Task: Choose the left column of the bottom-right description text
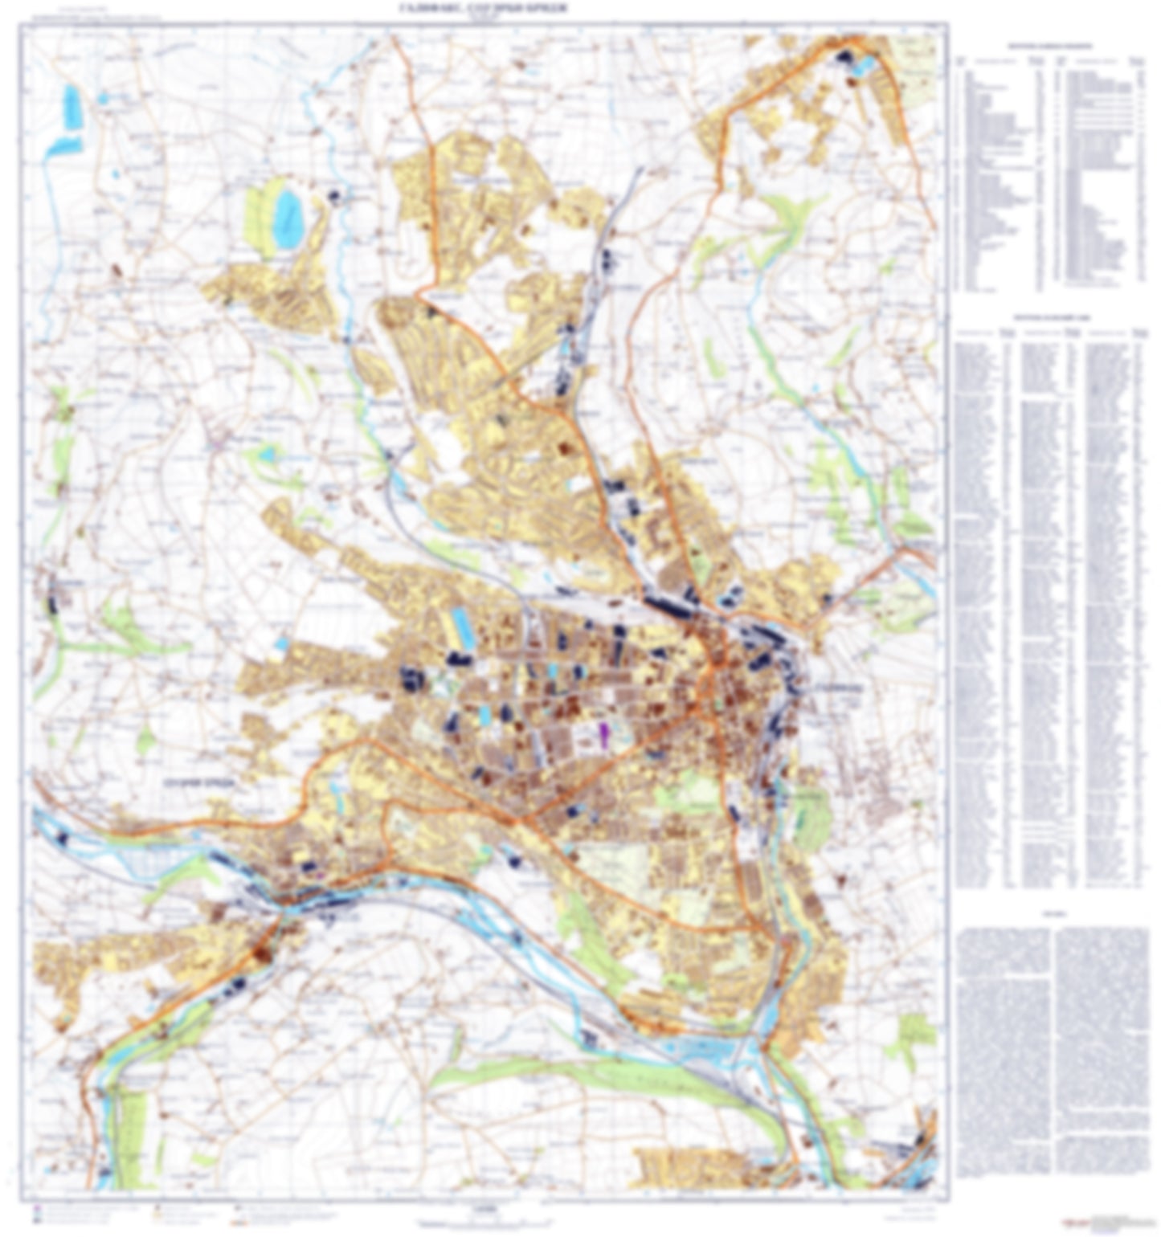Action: tap(1004, 1060)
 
